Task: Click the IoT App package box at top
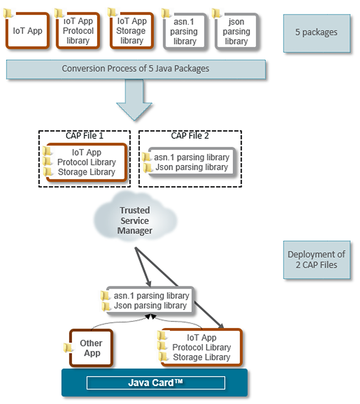(28, 31)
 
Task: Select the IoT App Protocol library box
(78, 31)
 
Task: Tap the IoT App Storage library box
(132, 31)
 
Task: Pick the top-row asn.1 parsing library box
(185, 32)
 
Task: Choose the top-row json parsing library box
(236, 32)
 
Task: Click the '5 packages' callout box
(316, 32)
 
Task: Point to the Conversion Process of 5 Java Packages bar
(136, 69)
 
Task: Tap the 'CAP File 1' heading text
(84, 136)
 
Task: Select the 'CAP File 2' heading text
(190, 136)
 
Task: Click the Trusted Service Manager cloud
(135, 220)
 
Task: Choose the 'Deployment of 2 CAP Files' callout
(316, 260)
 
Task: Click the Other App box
(91, 348)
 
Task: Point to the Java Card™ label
(155, 383)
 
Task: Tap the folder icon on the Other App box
(68, 348)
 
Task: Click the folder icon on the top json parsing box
(217, 13)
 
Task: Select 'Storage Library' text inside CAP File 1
(86, 172)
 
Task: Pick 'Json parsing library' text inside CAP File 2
(192, 167)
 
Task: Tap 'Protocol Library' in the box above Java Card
(202, 347)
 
